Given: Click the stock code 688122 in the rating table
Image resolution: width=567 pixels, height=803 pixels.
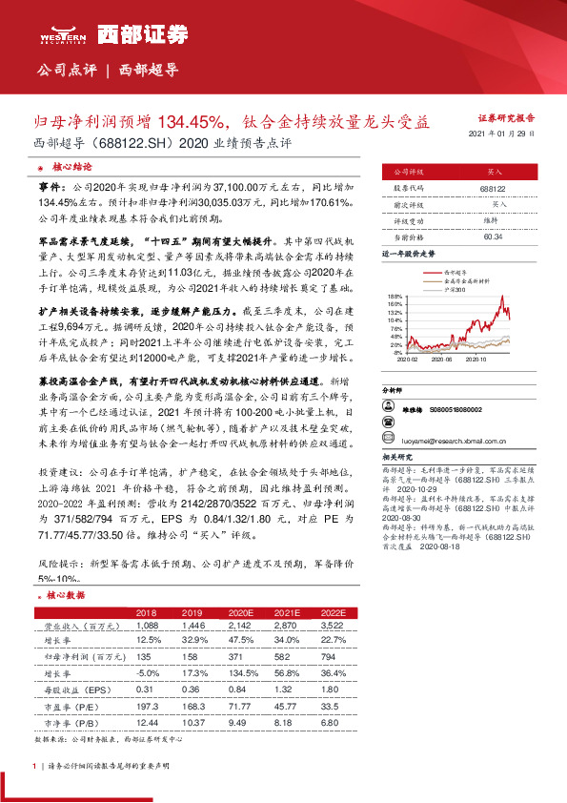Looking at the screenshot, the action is (x=493, y=190).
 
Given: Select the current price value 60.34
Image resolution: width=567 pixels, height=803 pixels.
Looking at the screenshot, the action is (x=493, y=236).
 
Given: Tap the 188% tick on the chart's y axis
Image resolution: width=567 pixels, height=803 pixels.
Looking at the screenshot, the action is (x=396, y=297).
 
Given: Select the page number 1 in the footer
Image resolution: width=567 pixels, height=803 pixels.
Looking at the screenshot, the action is (x=34, y=766).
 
